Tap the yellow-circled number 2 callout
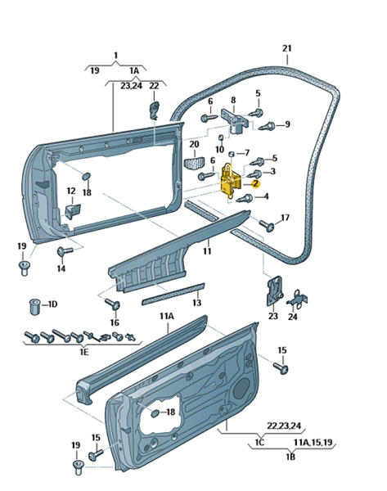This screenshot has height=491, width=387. coord(256,184)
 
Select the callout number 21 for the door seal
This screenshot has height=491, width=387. coord(287,48)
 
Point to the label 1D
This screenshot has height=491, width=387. coord(52,304)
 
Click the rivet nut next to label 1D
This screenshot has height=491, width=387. coord(34,307)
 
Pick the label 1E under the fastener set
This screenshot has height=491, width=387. coord(83,352)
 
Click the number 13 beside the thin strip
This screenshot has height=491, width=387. coord(196,303)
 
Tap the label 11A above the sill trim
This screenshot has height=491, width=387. coord(167,316)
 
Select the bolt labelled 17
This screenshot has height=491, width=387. coord(267,226)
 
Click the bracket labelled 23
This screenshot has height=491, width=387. coord(275,291)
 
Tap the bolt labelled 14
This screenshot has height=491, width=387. coord(64,251)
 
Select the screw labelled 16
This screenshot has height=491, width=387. coord(113,304)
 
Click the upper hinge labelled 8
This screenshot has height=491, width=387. coord(236,120)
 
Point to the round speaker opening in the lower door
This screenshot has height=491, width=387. coord(243,388)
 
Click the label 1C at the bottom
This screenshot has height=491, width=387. coord(259,442)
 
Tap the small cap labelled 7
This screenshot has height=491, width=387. coord(232,154)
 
